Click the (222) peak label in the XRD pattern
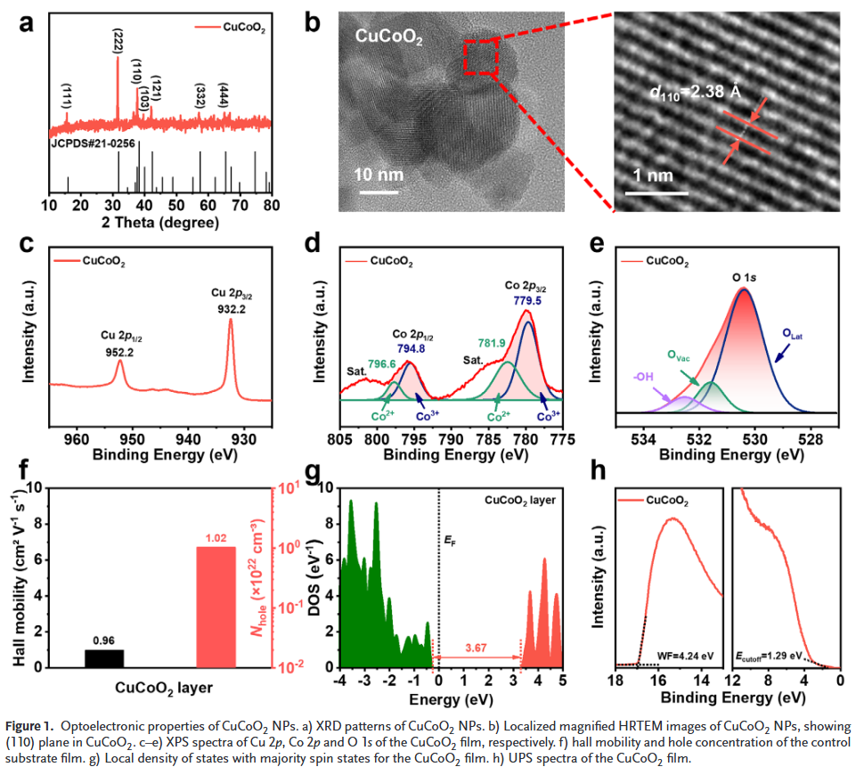pos(118,41)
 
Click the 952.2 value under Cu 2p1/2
pos(119,351)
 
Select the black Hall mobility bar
pos(104,658)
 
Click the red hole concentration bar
pos(216,607)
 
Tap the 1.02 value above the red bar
pos(216,538)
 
